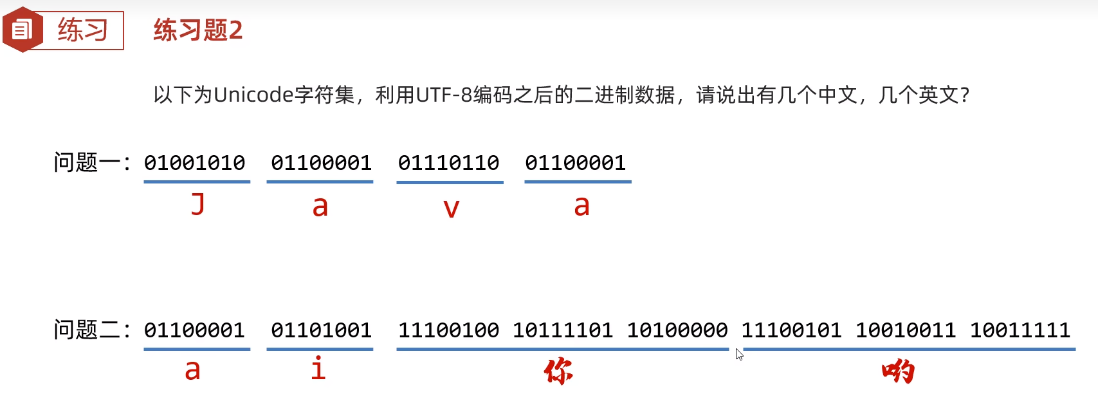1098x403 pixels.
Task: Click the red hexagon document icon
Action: coord(22,30)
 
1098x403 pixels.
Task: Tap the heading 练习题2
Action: coord(197,30)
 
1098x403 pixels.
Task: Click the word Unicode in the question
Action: coord(253,95)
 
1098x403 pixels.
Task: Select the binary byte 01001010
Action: coord(194,163)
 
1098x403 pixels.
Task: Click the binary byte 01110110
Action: coord(448,163)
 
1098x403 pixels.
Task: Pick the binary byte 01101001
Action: coord(321,330)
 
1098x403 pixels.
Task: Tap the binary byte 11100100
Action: coord(448,330)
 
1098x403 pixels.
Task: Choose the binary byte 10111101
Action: coord(563,330)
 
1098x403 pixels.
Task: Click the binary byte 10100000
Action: coord(677,330)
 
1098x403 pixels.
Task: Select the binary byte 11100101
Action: coord(791,330)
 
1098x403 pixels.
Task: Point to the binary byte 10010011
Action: coord(906,330)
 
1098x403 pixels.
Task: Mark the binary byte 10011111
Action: coord(1020,330)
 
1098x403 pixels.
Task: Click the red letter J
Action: coord(198,204)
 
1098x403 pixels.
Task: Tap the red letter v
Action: coord(452,208)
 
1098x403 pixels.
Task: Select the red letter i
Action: coord(318,368)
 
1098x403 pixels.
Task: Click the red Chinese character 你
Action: coord(558,371)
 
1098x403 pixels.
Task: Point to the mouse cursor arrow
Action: coord(739,354)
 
